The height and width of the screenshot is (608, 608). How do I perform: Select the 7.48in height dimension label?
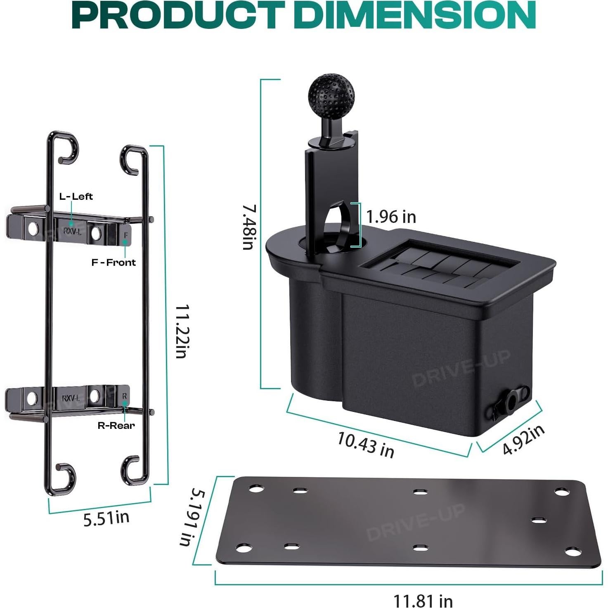(x=249, y=227)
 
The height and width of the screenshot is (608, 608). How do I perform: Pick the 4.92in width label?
(x=523, y=440)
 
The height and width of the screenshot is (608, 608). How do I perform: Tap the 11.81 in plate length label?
(x=423, y=600)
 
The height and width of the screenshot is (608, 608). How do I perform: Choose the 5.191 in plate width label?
(x=192, y=518)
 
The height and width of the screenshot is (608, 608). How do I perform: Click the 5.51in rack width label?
(x=106, y=518)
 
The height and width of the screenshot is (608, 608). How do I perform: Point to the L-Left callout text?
(x=76, y=196)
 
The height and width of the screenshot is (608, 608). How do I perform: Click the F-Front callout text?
(x=114, y=263)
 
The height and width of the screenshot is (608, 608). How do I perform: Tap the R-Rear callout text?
(x=116, y=426)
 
